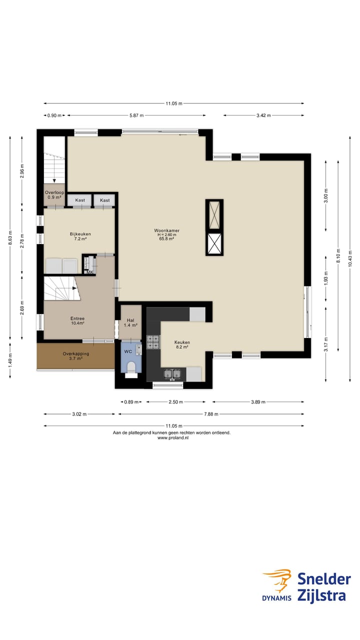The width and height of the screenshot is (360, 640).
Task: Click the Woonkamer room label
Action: [167, 230]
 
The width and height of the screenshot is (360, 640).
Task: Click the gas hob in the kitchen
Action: [153, 342]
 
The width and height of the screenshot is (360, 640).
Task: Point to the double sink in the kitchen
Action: [172, 373]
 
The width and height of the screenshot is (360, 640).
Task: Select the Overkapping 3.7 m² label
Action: [76, 356]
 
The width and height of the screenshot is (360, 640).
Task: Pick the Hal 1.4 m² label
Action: [130, 323]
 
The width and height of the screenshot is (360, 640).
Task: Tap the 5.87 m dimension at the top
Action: [136, 115]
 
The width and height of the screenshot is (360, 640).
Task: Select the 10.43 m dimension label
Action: [350, 258]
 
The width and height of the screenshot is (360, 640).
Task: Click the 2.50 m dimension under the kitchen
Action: [175, 402]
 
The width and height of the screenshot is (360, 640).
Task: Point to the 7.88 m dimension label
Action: [211, 414]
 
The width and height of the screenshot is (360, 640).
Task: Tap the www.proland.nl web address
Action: [173, 437]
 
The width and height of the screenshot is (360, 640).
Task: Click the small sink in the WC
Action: [138, 349]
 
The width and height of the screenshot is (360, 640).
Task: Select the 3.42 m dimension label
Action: [263, 115]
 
